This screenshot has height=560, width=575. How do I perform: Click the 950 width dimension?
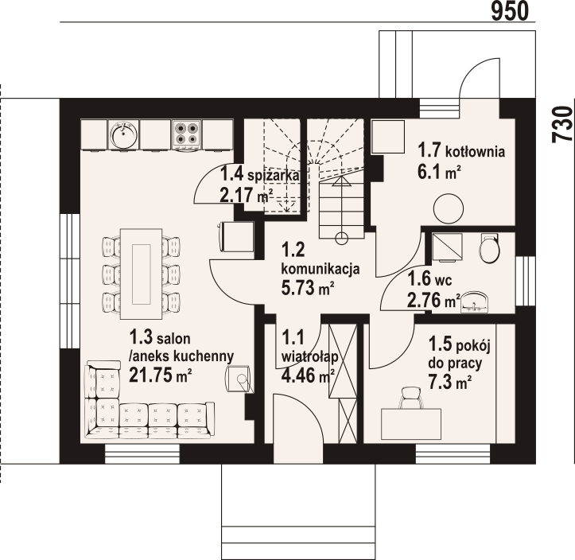pyautogui.click(x=510, y=11)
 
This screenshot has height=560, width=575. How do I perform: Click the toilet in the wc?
pyautogui.click(x=490, y=247)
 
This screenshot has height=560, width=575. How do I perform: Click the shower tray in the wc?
pyautogui.click(x=448, y=247)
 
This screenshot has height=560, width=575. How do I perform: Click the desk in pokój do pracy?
pyautogui.click(x=411, y=424)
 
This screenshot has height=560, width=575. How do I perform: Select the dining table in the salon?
pyautogui.click(x=142, y=274)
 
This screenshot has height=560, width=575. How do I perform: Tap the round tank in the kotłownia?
pyautogui.click(x=448, y=208)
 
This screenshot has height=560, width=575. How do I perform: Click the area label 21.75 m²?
pyautogui.click(x=160, y=375)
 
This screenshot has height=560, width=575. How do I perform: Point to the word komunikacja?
pyautogui.click(x=321, y=269)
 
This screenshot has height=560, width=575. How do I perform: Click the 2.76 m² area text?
pyautogui.click(x=434, y=301)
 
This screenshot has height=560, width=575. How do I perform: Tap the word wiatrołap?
pyautogui.click(x=309, y=356)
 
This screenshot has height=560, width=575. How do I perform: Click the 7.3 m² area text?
pyautogui.click(x=449, y=382)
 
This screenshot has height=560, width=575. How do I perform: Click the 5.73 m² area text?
pyautogui.click(x=307, y=287)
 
